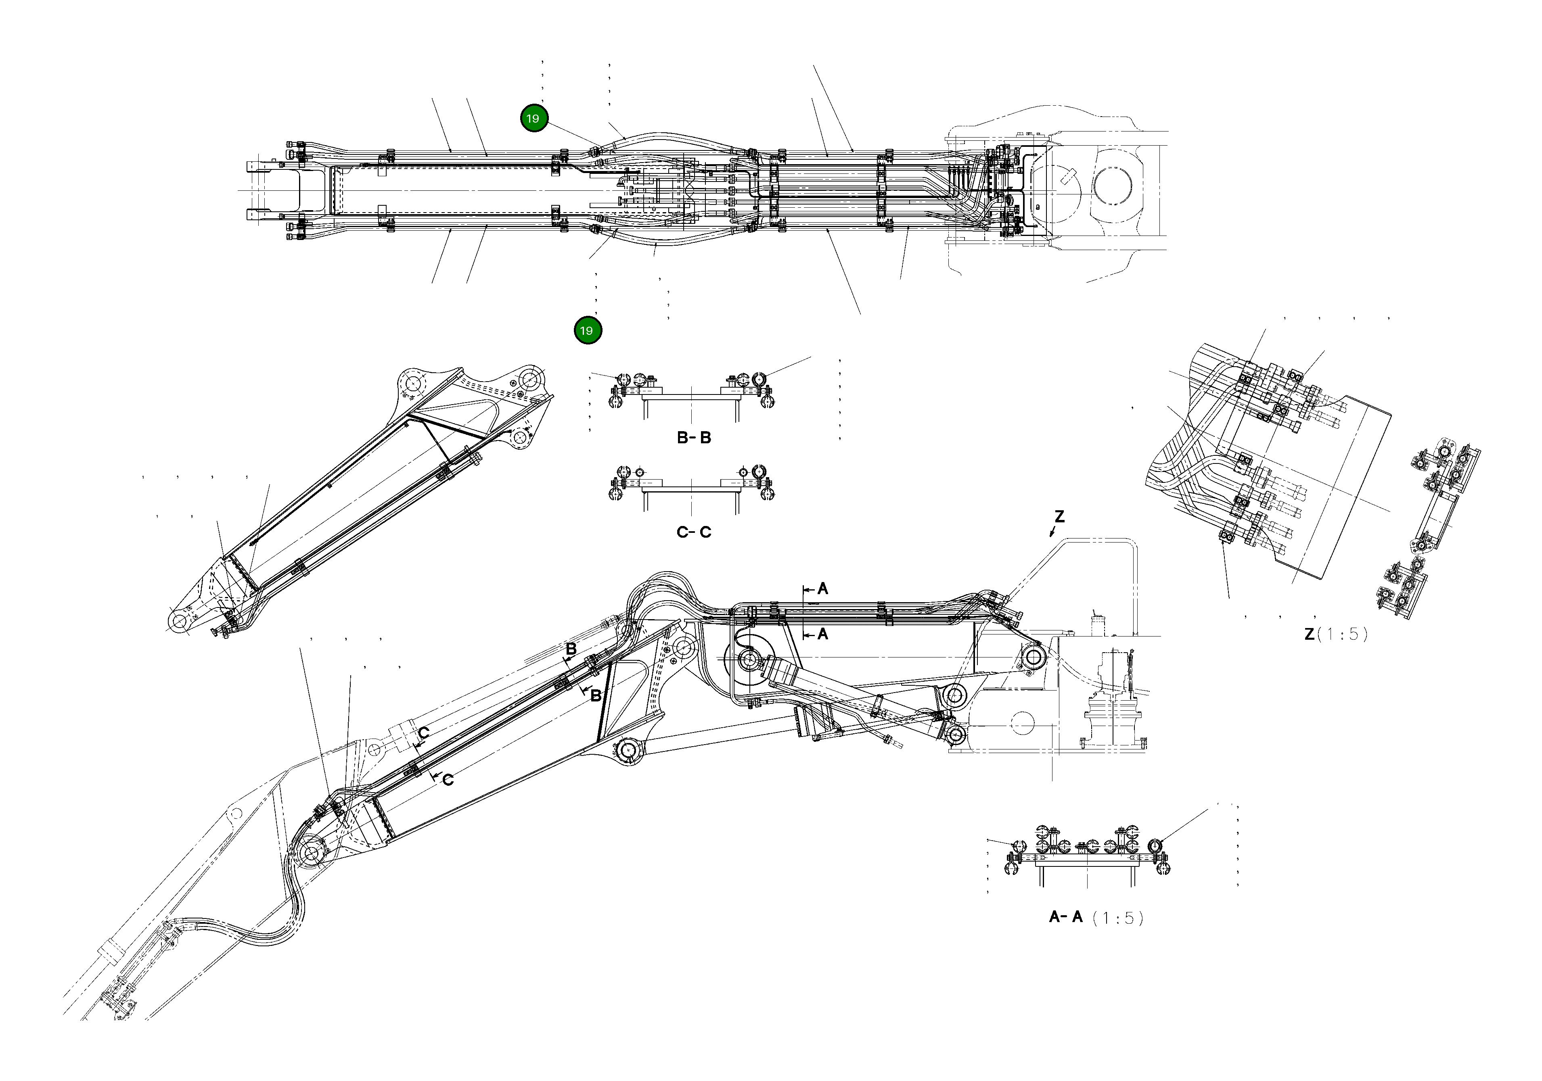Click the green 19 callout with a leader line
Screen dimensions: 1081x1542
pos(534,119)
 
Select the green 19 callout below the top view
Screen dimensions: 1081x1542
pos(588,330)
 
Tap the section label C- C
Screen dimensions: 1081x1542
pos(694,532)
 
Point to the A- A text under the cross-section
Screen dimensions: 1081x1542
pos(1066,917)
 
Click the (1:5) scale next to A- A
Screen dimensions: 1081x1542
pos(1117,918)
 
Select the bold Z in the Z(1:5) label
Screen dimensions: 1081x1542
pos(1309,634)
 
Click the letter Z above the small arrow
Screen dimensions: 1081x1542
pos(1059,517)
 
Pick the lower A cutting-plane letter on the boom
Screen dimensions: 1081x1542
pos(823,634)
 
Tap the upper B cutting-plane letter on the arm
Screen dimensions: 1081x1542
pos(571,649)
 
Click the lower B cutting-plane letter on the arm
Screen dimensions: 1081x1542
pos(595,696)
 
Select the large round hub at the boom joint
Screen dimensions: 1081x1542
pos(748,660)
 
